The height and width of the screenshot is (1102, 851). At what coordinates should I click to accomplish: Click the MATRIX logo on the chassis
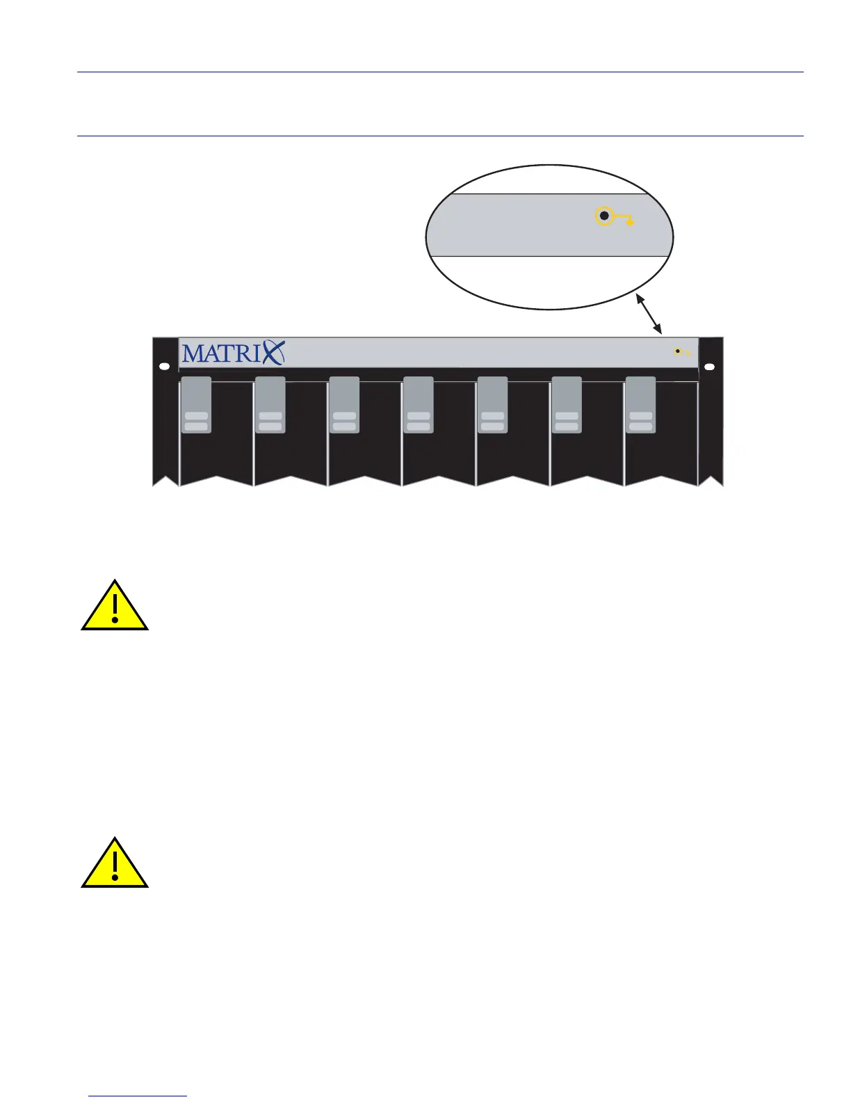(233, 353)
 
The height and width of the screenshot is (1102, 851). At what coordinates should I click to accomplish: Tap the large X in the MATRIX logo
(273, 353)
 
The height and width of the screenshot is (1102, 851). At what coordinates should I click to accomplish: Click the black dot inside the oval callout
(604, 216)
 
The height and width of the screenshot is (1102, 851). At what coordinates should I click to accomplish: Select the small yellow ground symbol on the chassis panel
(680, 352)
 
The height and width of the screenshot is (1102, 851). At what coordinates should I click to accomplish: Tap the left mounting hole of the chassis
(164, 367)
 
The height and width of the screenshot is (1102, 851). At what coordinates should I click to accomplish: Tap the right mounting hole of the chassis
(709, 367)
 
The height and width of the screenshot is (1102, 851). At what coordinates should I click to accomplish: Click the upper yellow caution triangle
(115, 607)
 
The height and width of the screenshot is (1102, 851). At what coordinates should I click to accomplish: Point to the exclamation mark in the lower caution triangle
(115, 864)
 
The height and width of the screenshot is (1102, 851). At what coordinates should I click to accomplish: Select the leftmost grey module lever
(196, 405)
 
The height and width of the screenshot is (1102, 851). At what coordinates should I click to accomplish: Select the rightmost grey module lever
(640, 405)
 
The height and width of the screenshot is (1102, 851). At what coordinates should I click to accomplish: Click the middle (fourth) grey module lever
(419, 405)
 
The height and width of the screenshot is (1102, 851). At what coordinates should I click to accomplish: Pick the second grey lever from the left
(270, 405)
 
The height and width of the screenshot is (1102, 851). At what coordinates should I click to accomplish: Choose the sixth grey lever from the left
(567, 405)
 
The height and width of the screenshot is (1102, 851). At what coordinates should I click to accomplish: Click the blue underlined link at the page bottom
(138, 1096)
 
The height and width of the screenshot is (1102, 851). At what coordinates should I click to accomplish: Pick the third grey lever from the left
(344, 405)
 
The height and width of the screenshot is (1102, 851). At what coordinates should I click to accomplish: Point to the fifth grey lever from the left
(492, 405)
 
